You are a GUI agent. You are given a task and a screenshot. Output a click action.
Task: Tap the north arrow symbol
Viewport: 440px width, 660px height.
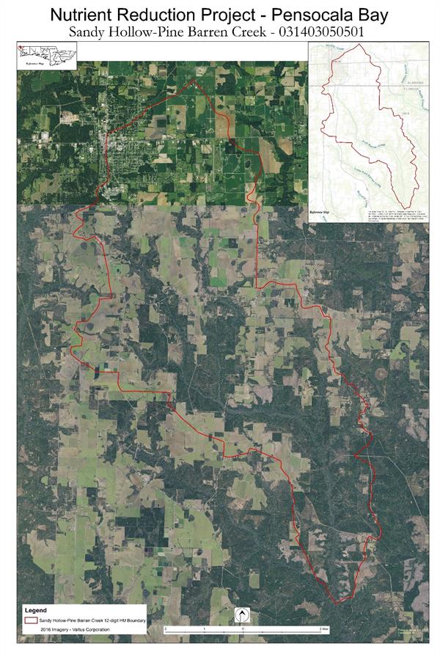pos(240,615)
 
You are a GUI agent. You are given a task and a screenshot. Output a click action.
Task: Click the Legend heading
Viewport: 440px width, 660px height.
pos(36,610)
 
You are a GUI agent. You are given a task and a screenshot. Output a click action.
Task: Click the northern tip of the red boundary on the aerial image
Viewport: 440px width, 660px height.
pos(194,79)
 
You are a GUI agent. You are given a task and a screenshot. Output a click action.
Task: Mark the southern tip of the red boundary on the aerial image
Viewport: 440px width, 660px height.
pos(337,604)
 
